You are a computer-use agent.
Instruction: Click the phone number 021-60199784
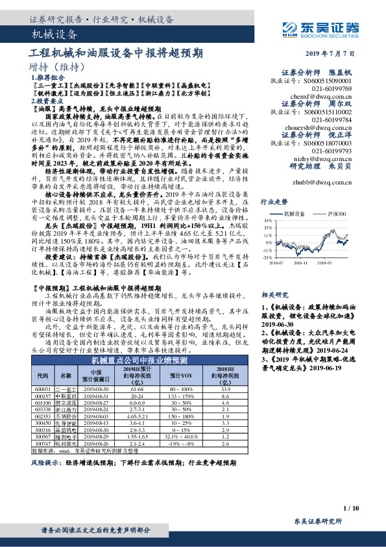pos(333,120)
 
